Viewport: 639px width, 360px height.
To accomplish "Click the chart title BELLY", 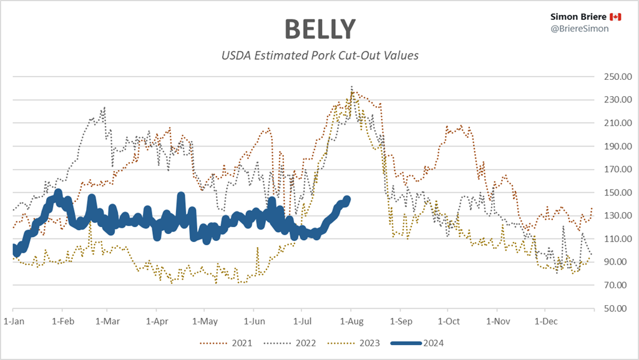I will [319, 29].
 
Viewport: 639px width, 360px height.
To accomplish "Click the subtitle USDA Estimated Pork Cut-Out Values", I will [319, 56].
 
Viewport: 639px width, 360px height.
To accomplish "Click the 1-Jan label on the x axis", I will [13, 321].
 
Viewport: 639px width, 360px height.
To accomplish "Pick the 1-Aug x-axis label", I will [351, 321].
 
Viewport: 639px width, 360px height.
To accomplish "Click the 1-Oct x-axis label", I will [448, 321].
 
